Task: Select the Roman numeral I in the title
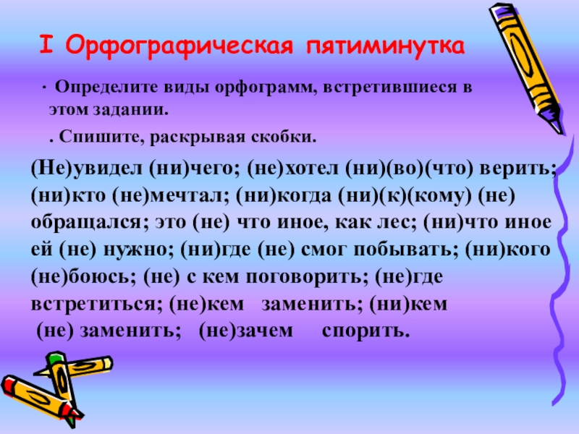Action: point(45,47)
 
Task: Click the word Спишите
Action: point(88,136)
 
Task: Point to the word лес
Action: point(393,221)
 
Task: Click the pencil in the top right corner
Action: point(532,65)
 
